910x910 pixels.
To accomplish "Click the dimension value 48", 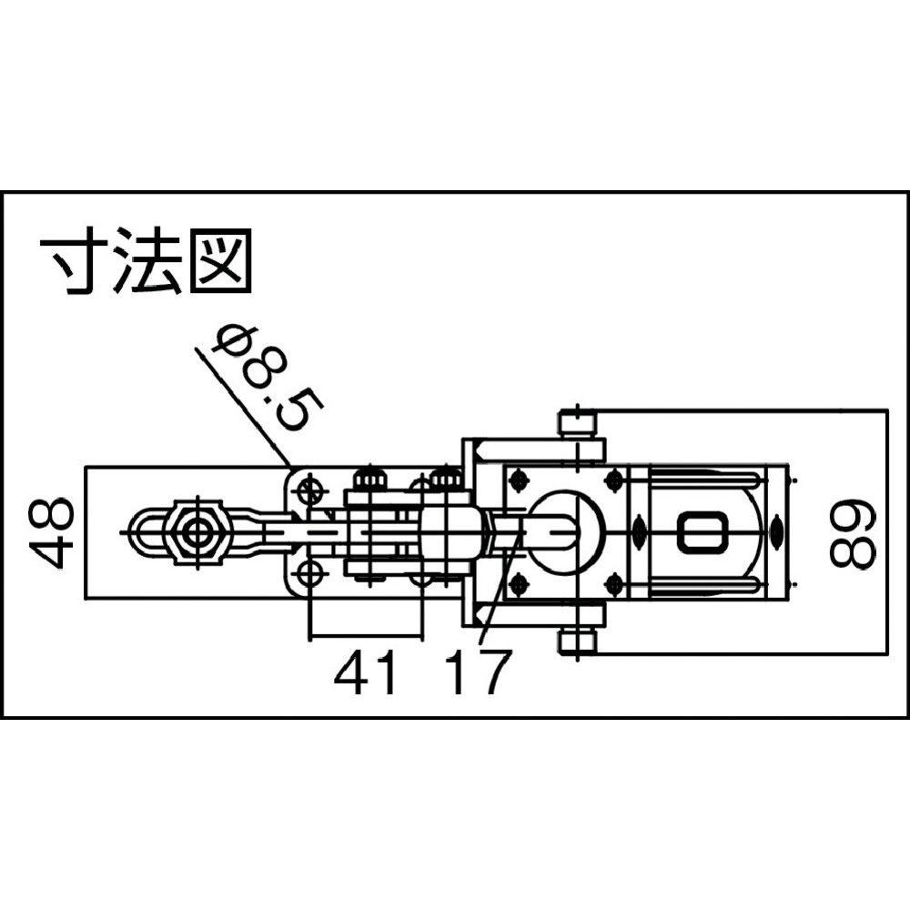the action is [52, 532].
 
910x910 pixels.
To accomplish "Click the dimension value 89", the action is [852, 532].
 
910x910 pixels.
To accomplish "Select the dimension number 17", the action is [480, 672].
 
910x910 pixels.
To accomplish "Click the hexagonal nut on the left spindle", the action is [197, 531].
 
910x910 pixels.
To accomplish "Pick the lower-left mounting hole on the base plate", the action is [310, 574].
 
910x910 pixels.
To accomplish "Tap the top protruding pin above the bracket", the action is [578, 424].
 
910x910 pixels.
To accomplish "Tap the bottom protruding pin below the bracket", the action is [578, 642].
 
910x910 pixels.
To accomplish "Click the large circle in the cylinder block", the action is [567, 531].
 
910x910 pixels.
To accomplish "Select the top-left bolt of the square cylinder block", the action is [518, 480].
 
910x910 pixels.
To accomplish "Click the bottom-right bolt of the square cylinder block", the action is [614, 584].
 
